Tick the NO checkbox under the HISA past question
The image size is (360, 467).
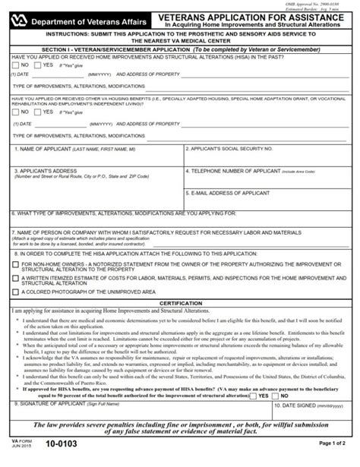(x=17, y=65)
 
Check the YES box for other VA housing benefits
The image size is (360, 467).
(x=39, y=113)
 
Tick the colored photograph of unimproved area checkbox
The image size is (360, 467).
(x=17, y=291)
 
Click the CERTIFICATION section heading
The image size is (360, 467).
(x=180, y=303)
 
